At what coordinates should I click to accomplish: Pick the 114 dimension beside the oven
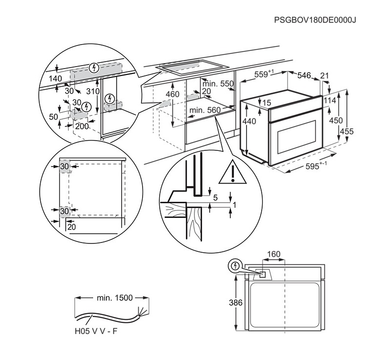[x=330, y=100]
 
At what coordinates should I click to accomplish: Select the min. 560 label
[x=205, y=111]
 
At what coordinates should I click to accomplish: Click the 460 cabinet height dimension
[x=172, y=95]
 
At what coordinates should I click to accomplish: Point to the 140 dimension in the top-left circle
[x=55, y=78]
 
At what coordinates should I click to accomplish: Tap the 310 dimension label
[x=93, y=92]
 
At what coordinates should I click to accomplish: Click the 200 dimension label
[x=82, y=126]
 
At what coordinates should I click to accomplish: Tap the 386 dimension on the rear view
[x=236, y=303]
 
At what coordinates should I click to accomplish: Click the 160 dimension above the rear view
[x=274, y=254]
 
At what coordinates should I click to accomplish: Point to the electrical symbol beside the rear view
[x=235, y=266]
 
